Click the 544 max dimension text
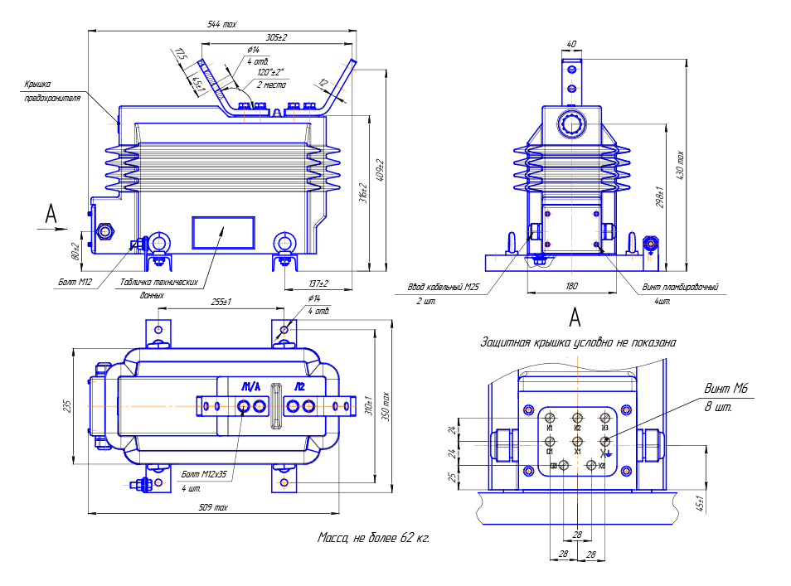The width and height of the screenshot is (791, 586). click(x=221, y=26)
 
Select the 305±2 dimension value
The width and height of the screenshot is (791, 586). click(x=276, y=38)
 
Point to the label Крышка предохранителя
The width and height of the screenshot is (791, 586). click(x=51, y=90)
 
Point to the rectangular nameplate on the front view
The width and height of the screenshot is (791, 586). click(x=222, y=233)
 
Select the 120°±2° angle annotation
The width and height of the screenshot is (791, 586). click(x=270, y=72)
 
